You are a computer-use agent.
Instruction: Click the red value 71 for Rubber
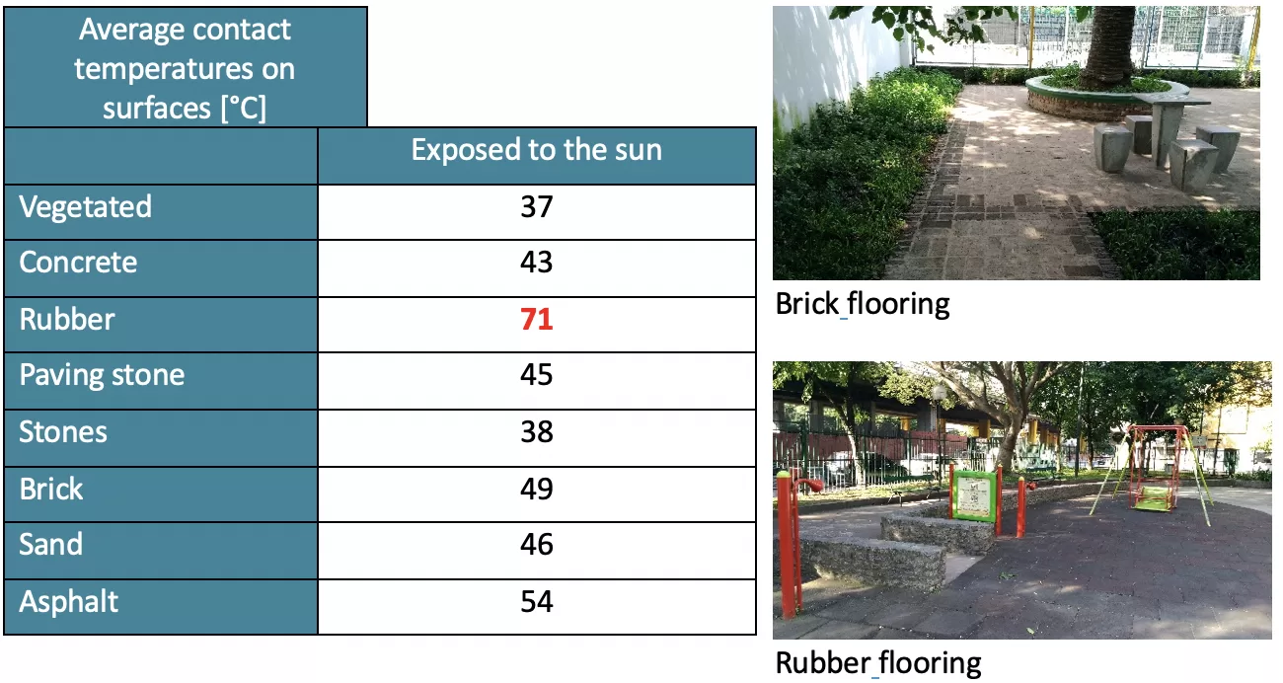click(536, 319)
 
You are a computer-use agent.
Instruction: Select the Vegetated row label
click(85, 207)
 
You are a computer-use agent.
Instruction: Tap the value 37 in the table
click(536, 207)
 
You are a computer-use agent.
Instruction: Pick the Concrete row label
click(78, 263)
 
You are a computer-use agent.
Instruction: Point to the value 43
click(536, 262)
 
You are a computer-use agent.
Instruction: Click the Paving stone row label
click(102, 376)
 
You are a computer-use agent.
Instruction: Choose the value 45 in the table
click(536, 375)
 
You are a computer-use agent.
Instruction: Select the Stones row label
click(63, 432)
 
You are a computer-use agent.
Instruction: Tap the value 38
click(536, 432)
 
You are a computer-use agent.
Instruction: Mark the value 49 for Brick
click(536, 489)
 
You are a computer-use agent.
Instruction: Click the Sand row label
click(51, 545)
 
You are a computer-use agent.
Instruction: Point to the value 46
click(536, 545)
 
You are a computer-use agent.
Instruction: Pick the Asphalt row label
click(69, 602)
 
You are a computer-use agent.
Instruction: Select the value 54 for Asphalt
click(536, 602)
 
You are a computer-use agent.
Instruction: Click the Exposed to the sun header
click(536, 150)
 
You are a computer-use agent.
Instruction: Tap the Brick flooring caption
click(862, 304)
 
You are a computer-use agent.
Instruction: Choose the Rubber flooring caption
click(878, 663)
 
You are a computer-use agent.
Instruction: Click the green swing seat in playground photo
click(1152, 498)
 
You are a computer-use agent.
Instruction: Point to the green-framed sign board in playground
click(974, 495)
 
